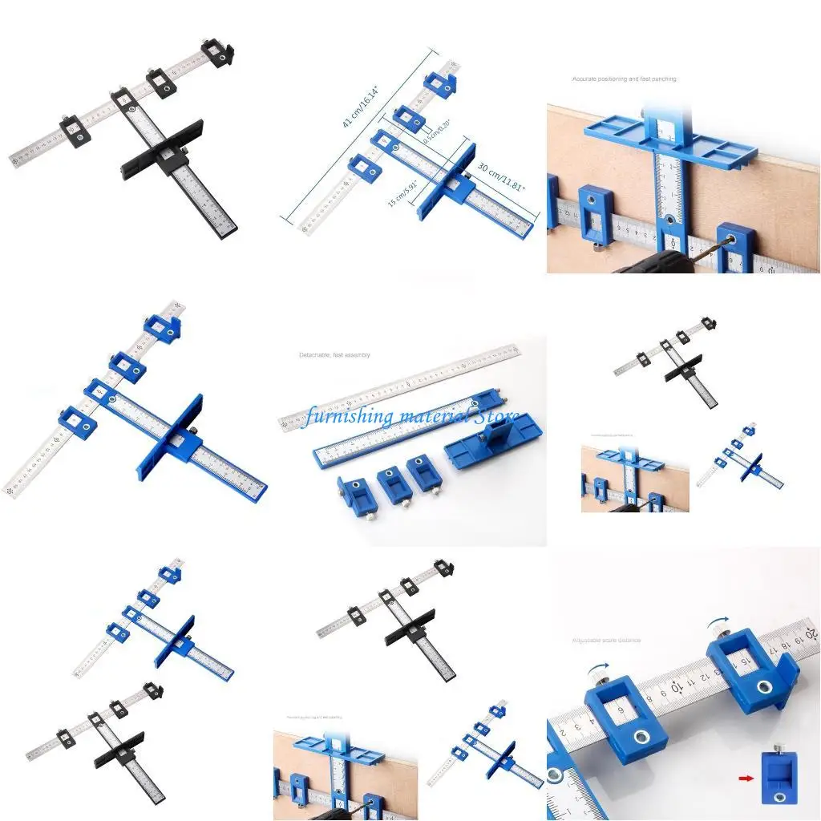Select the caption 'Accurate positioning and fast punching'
(624, 79)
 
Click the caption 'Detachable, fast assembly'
(334, 354)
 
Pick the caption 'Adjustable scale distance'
(607, 640)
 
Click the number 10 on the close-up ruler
(677, 687)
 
